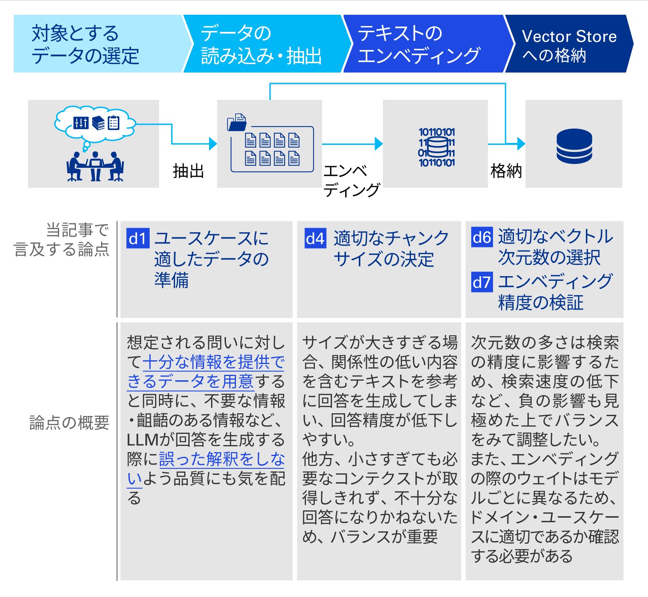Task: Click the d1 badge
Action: (138, 238)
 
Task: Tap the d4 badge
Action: (315, 238)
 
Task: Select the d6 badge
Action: (482, 237)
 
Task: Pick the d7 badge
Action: (482, 282)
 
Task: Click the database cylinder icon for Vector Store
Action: (574, 146)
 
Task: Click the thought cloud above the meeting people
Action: (95, 123)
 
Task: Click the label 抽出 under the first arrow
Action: (188, 171)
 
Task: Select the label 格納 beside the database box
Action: (506, 171)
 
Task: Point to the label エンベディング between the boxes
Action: (351, 181)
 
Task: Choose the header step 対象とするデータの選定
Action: (86, 44)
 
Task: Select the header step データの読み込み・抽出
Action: (261, 44)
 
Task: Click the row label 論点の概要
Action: (69, 423)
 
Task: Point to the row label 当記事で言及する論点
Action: (62, 239)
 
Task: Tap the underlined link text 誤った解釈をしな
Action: (222, 459)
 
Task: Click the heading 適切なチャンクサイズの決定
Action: (390, 249)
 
